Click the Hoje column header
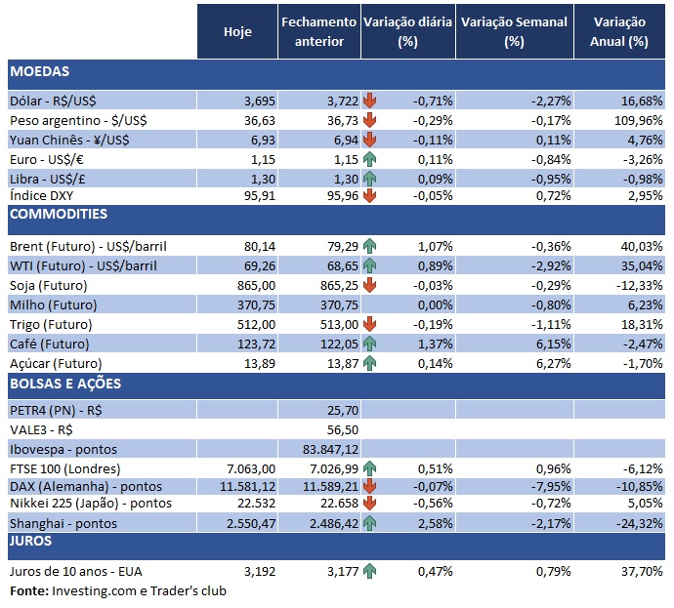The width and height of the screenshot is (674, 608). pyautogui.click(x=237, y=31)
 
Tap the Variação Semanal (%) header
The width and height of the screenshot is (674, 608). pyautogui.click(x=514, y=31)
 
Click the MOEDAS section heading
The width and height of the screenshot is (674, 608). pyautogui.click(x=40, y=71)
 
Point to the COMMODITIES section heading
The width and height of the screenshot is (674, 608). pyautogui.click(x=59, y=215)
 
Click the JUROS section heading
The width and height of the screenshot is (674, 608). pyautogui.click(x=32, y=541)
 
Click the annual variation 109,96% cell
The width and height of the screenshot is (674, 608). pyautogui.click(x=634, y=120)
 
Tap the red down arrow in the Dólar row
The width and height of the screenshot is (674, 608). pyautogui.click(x=369, y=101)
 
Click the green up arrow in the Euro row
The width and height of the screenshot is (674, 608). pyautogui.click(x=369, y=159)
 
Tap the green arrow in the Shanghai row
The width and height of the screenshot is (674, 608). pyautogui.click(x=369, y=522)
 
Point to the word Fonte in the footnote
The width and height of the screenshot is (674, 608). pyautogui.click(x=27, y=590)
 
